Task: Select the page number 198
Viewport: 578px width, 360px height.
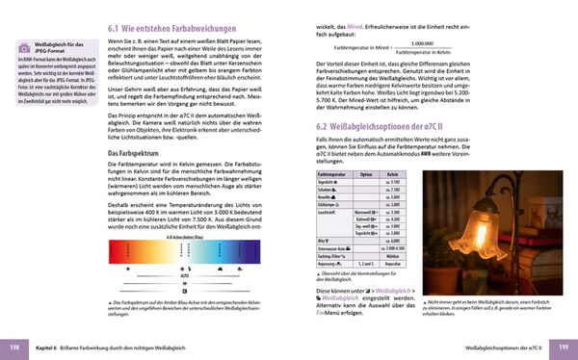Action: [x=15, y=346]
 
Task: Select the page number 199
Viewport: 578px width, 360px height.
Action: [x=563, y=346]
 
